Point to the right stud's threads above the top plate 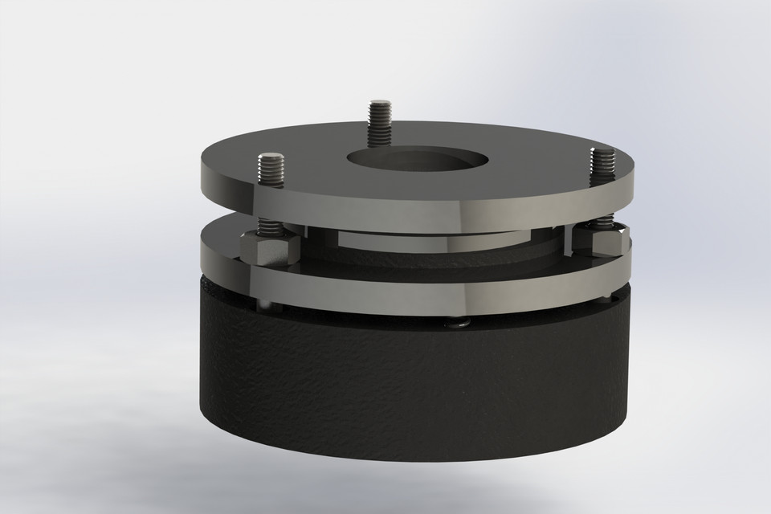point(599,165)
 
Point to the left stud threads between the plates point(267,220)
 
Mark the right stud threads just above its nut point(599,220)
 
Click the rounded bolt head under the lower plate point(459,323)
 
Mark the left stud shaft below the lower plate point(264,304)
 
